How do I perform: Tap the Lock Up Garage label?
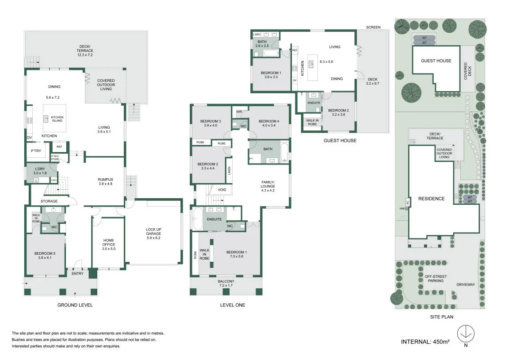[153, 234]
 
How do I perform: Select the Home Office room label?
[109, 245]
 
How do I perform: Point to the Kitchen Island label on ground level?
[57, 119]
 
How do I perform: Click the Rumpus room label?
[106, 181]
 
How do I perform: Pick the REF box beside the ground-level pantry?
[59, 147]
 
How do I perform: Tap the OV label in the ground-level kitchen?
[29, 138]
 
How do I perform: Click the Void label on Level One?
[222, 190]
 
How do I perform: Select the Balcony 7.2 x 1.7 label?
[226, 283]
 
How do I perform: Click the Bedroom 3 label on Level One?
[210, 123]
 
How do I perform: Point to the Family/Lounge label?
[268, 186]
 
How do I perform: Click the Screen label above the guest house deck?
[373, 27]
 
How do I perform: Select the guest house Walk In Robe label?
[312, 122]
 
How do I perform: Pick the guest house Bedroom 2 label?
[339, 112]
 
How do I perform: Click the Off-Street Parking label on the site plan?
[436, 279]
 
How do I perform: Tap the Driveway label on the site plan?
[466, 285]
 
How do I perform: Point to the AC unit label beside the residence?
[407, 202]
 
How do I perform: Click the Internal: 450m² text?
[425, 342]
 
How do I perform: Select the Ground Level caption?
[75, 305]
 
